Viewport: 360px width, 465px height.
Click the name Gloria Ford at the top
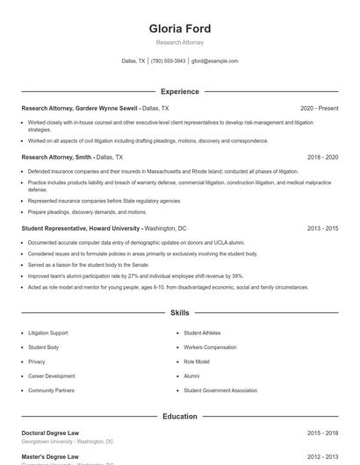click(179, 29)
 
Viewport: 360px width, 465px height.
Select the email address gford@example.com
click(214, 61)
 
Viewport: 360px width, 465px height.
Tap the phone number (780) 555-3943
click(168, 61)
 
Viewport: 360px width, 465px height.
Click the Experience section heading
click(179, 91)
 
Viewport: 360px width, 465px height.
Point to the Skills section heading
click(179, 312)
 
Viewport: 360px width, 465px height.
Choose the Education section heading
click(179, 417)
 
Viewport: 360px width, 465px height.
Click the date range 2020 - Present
click(319, 108)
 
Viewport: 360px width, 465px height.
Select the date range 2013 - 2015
click(322, 228)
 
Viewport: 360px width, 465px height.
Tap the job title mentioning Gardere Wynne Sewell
click(80, 108)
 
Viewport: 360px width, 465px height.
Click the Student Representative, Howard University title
click(81, 228)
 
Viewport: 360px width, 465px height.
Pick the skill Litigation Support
click(47, 333)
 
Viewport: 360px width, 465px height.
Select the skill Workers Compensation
click(210, 347)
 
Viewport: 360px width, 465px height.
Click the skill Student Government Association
click(220, 390)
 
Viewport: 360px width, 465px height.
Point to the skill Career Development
click(51, 376)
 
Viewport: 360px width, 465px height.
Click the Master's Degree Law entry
click(50, 457)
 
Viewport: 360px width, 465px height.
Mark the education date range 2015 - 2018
click(322, 433)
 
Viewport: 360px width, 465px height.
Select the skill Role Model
click(197, 361)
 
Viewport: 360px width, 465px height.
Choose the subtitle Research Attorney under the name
click(179, 42)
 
